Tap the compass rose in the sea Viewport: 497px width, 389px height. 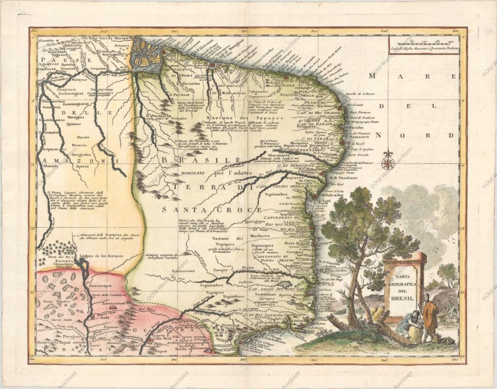tap(387, 161)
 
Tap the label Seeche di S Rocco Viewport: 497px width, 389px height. tap(362, 93)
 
